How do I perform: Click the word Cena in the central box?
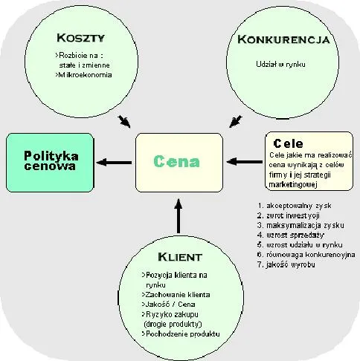click(178, 161)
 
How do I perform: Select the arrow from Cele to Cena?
click(245, 160)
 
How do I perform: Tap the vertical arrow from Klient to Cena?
click(178, 215)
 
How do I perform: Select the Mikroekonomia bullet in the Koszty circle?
click(74, 75)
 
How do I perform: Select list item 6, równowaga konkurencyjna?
click(306, 254)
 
